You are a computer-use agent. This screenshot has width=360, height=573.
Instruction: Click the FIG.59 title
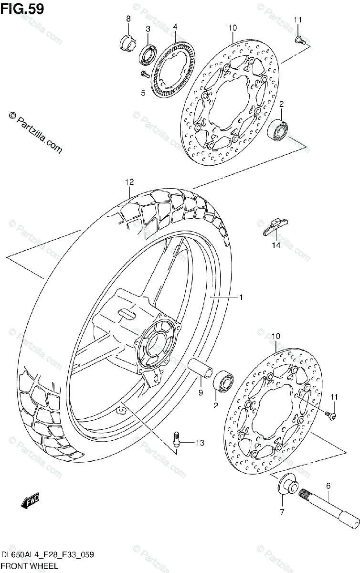tap(22, 8)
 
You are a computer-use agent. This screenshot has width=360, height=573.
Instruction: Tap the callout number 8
tap(128, 19)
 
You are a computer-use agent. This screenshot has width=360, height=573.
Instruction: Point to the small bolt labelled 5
tap(143, 74)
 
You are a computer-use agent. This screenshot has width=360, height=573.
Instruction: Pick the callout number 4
tap(175, 26)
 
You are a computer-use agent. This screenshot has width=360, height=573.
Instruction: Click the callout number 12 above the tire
tap(129, 182)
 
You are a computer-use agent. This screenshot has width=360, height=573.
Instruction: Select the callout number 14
tap(274, 245)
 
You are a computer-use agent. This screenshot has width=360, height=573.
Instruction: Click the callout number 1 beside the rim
tap(242, 297)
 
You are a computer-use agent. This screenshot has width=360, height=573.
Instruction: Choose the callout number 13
tap(199, 443)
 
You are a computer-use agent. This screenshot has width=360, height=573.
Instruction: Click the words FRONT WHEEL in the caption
tap(30, 566)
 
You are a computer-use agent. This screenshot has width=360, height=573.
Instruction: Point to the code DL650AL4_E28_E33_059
tap(46, 554)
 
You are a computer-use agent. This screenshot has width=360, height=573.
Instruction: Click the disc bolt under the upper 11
tap(298, 40)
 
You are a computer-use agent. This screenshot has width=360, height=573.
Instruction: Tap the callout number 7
tap(282, 512)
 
